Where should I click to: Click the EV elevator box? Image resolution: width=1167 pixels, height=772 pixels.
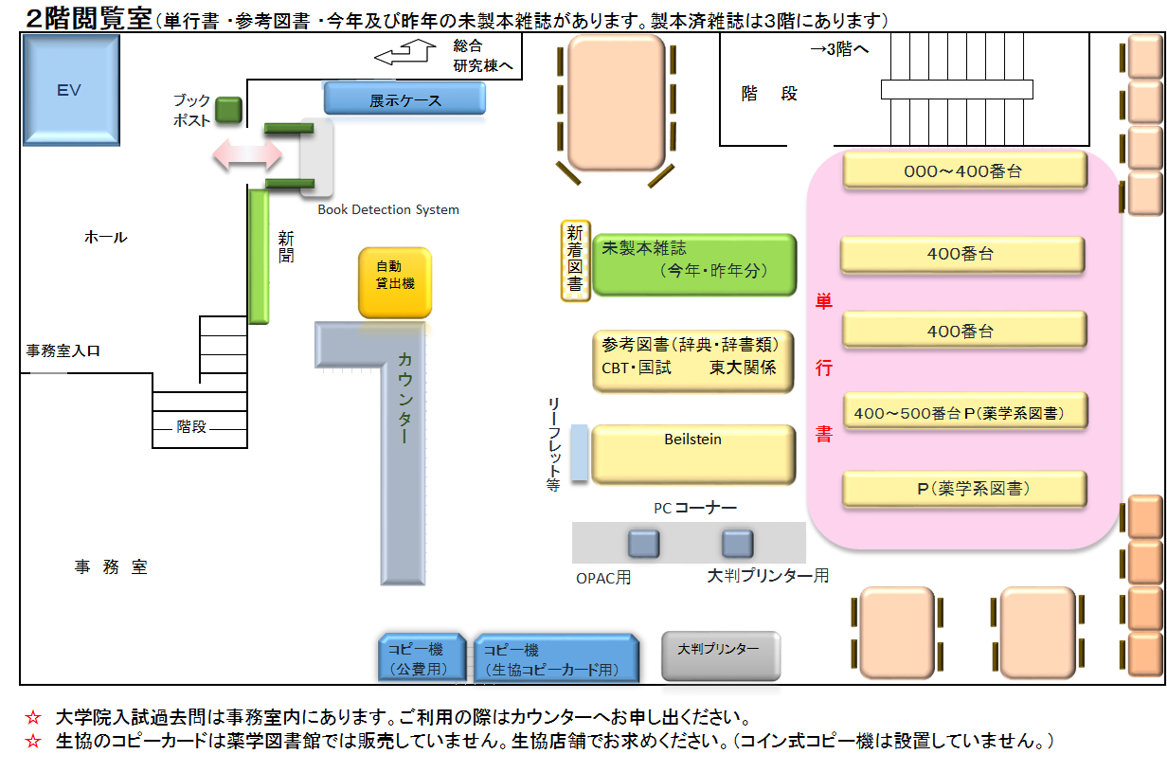[x=70, y=90]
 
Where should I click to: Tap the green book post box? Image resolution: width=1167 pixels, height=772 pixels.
[x=228, y=110]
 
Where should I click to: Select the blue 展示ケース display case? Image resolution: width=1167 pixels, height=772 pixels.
[x=404, y=99]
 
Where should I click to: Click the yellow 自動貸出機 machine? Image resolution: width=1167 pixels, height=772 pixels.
[x=394, y=282]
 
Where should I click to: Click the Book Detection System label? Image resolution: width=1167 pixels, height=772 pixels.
[x=387, y=209]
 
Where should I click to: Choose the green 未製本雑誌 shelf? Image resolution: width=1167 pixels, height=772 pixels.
[x=693, y=264]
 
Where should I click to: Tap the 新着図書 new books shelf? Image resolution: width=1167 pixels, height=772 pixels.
[x=575, y=260]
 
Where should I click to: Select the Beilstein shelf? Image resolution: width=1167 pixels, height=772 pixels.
[x=692, y=454]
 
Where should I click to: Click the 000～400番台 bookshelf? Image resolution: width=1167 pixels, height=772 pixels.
[x=963, y=171]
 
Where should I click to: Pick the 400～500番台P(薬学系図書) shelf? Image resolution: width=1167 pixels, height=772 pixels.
[x=963, y=412]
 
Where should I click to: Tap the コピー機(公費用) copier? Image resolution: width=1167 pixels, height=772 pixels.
[x=421, y=658]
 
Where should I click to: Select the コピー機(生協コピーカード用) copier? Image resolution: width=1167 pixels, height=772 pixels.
[x=554, y=658]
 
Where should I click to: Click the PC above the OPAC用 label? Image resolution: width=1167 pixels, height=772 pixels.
[x=643, y=544]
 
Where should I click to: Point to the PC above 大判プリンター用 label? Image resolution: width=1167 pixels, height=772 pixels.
[x=737, y=544]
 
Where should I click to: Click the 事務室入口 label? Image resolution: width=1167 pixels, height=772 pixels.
[x=63, y=350]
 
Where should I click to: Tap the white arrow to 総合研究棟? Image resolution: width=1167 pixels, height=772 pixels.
[x=402, y=55]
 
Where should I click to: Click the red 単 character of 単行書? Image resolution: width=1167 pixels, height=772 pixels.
[x=823, y=303]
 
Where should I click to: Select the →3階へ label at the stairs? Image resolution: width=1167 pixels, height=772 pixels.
[x=838, y=49]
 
